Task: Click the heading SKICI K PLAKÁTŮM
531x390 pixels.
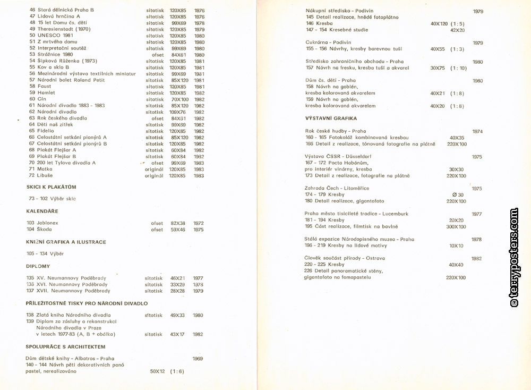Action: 52,186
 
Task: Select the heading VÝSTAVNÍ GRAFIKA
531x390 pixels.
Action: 331,118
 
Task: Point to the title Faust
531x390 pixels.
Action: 44,87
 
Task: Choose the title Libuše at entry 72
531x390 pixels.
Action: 45,175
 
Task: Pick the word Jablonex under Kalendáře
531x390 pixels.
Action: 48,223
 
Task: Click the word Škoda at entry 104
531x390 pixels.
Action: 45,230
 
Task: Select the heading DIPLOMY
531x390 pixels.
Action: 38,266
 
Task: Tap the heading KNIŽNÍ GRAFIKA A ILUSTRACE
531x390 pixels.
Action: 66,242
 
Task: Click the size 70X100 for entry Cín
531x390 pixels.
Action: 179,99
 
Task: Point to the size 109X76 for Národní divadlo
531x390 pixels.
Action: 179,112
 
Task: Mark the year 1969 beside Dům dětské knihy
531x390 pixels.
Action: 198,359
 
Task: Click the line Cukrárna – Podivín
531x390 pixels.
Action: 328,43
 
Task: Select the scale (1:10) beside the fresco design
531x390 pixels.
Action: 458,68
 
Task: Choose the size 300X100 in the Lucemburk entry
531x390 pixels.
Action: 456,226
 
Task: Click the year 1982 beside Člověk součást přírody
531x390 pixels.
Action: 476,258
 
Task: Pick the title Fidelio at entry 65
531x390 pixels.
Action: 45,131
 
